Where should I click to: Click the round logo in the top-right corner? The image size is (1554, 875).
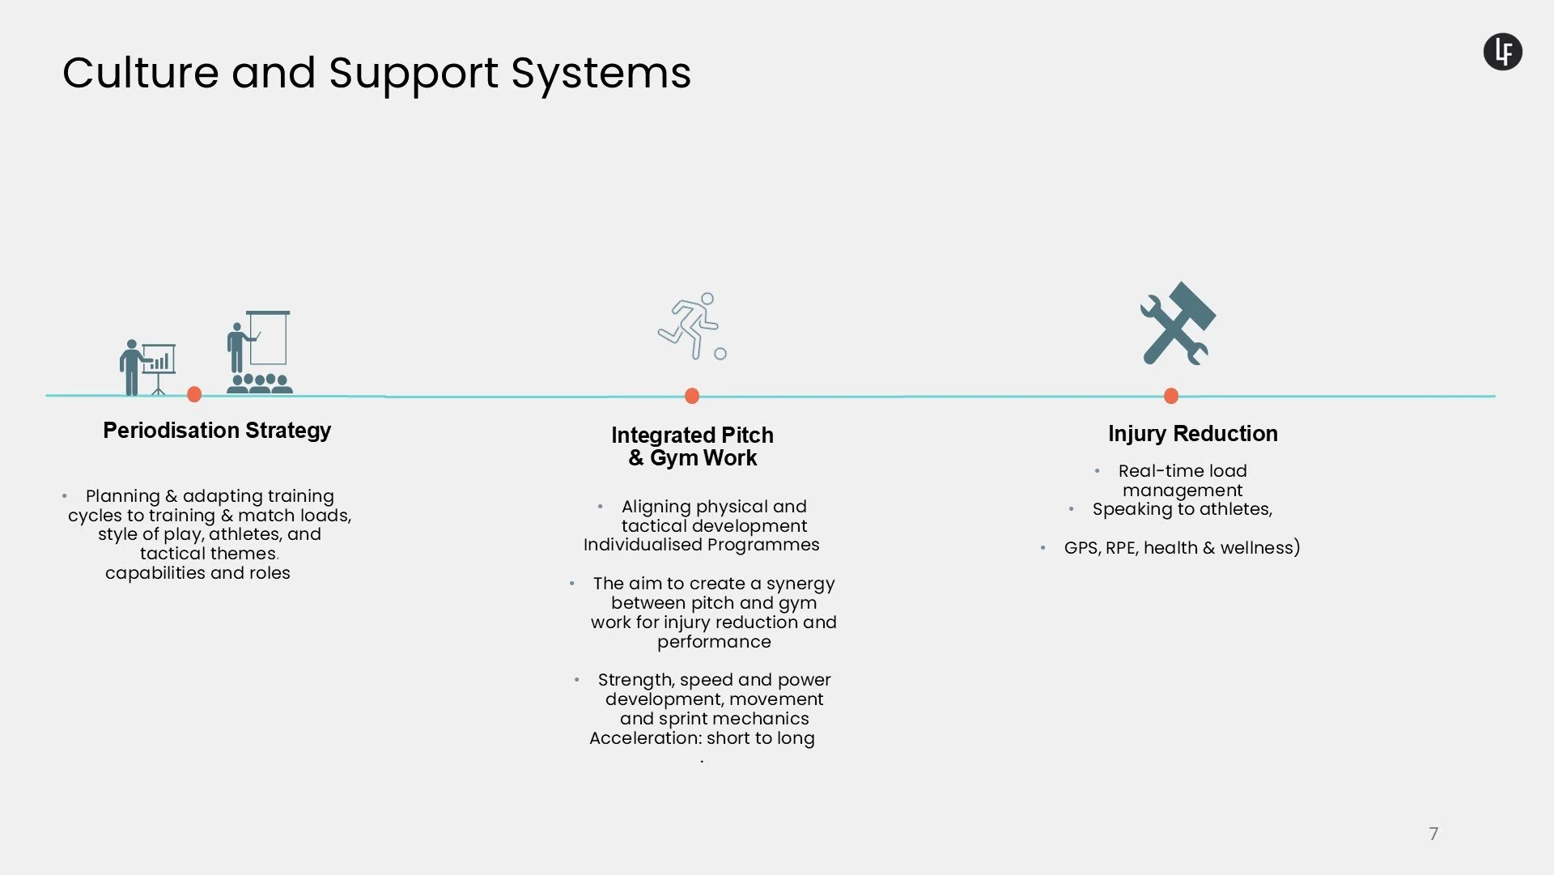(x=1502, y=52)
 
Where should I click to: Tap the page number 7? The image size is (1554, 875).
(x=1433, y=834)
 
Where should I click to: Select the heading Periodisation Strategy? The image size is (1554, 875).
(x=217, y=431)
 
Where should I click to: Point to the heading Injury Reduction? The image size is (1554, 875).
(x=1192, y=434)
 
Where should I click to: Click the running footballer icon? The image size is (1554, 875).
(x=689, y=325)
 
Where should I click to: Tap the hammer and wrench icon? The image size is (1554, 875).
(x=1178, y=324)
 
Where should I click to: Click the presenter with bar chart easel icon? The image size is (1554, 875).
(x=146, y=366)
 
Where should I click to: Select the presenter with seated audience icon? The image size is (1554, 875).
(x=259, y=353)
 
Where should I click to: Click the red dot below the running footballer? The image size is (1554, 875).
(x=692, y=396)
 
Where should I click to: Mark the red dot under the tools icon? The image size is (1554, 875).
(x=1171, y=396)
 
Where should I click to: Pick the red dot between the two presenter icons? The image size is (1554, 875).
(x=194, y=394)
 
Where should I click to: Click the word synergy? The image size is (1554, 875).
(x=800, y=584)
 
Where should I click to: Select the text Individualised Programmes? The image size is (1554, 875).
(x=701, y=545)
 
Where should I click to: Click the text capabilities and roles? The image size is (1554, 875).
(x=197, y=573)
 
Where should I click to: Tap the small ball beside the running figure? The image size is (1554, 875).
(x=720, y=354)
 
